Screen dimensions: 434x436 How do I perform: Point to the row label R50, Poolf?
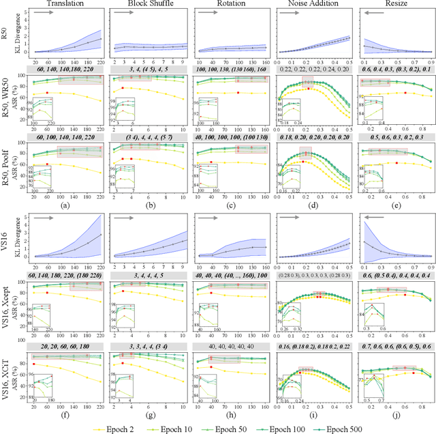(5, 168)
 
